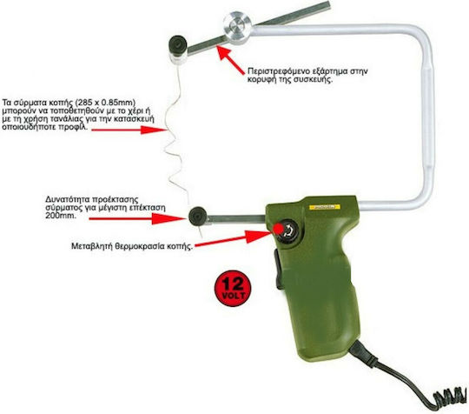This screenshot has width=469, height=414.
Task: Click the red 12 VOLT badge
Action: (x=233, y=288)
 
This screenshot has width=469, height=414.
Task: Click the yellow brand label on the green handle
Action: (x=324, y=207)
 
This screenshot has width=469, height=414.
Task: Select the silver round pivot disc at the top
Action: (x=238, y=28)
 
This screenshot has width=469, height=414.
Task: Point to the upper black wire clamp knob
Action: (x=178, y=45)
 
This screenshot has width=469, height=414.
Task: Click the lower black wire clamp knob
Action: (x=198, y=217)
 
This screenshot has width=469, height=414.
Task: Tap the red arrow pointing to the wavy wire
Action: (x=129, y=130)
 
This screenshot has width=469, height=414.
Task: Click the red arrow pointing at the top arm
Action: (x=231, y=60)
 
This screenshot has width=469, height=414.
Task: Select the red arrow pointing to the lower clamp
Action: (x=137, y=218)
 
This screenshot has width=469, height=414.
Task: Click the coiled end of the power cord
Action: (x=449, y=397)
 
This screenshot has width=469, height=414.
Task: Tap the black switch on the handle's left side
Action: (x=279, y=270)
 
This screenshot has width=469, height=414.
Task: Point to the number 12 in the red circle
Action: (x=233, y=283)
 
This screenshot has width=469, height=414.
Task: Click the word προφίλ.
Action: (x=72, y=127)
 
